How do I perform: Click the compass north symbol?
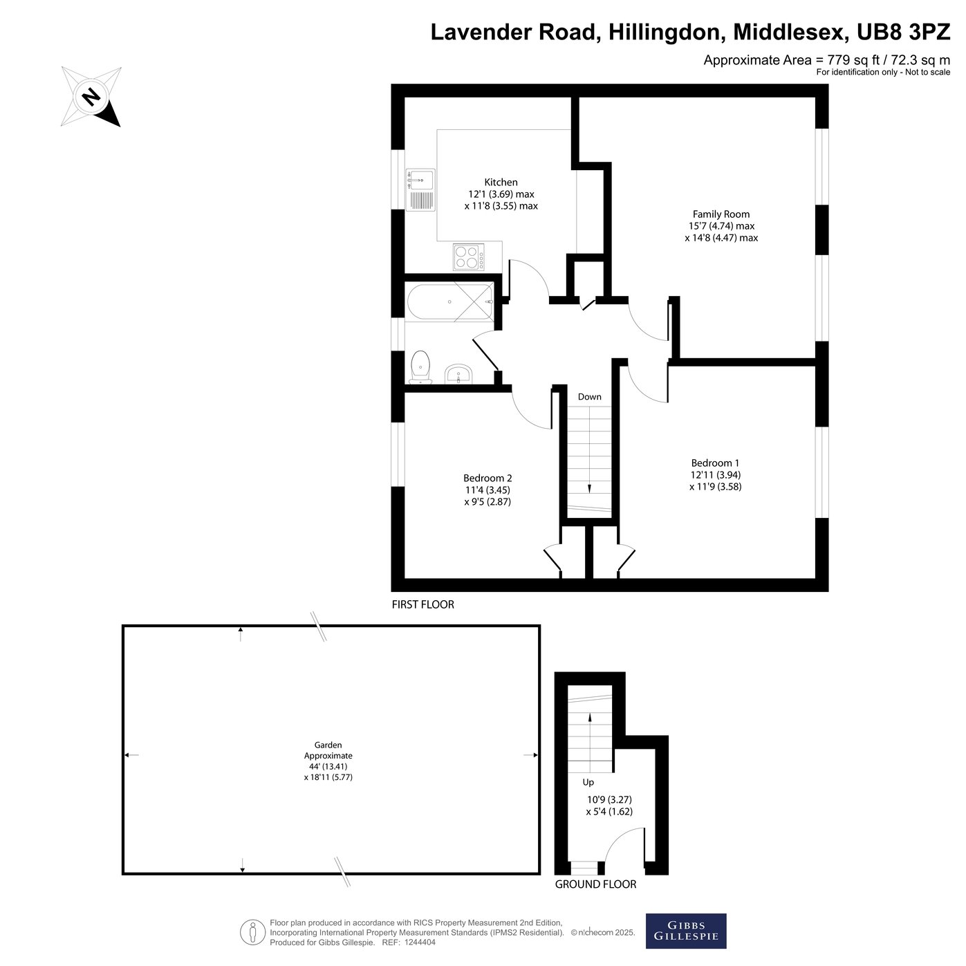point(91,96)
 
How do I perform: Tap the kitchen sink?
point(420,189)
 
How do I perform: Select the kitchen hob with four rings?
point(469,257)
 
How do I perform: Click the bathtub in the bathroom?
point(450,301)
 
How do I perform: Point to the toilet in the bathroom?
point(420,367)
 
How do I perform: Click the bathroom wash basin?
point(458,374)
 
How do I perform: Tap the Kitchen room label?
point(501,183)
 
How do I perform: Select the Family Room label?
point(721,214)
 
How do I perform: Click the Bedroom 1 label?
point(715,463)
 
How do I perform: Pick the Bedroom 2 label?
point(487,478)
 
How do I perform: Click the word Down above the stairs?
point(590,396)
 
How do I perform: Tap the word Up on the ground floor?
point(588,782)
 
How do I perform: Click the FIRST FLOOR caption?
point(422,604)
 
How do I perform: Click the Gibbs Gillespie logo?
point(686,931)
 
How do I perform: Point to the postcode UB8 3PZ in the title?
point(903,32)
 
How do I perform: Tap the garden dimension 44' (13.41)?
point(328,766)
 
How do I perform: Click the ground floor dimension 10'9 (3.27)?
point(609,799)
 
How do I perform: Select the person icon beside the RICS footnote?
point(252,932)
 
